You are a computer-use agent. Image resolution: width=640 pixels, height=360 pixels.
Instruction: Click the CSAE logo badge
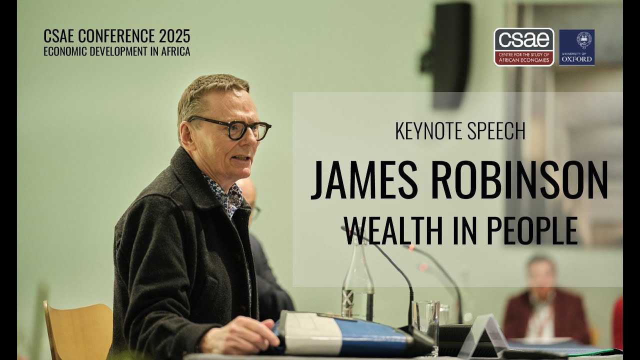(523, 47)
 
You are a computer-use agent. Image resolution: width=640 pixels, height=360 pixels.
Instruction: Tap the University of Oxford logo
(576, 47)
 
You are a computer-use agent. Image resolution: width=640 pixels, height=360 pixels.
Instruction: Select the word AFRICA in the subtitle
(172, 51)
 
